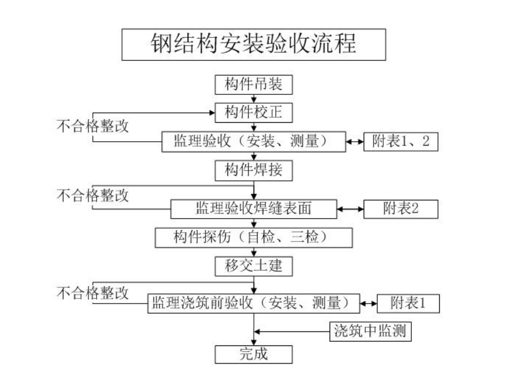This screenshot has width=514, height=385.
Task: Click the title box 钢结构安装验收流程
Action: (x=254, y=45)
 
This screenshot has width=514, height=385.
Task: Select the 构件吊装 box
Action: (x=254, y=85)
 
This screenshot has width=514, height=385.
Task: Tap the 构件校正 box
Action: (x=254, y=113)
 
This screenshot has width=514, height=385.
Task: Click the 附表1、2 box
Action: (x=401, y=142)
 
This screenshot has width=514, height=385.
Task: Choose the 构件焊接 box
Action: (x=254, y=170)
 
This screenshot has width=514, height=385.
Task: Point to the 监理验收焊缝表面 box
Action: (x=253, y=209)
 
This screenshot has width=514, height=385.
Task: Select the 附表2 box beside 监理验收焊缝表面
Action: (x=401, y=209)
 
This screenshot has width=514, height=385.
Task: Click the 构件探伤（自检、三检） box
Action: (x=254, y=237)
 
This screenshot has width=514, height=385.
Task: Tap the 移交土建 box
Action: (x=254, y=266)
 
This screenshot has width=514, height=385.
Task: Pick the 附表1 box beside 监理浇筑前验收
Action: (x=408, y=304)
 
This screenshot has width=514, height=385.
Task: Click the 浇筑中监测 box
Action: (x=369, y=332)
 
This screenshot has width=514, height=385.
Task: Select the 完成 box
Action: (x=254, y=354)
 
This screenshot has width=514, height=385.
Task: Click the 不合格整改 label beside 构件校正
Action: (x=93, y=126)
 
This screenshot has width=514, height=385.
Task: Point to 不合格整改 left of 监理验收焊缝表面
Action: (x=93, y=195)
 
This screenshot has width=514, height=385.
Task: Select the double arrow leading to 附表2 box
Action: (x=350, y=209)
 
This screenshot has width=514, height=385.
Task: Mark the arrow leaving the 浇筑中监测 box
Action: (x=291, y=332)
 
